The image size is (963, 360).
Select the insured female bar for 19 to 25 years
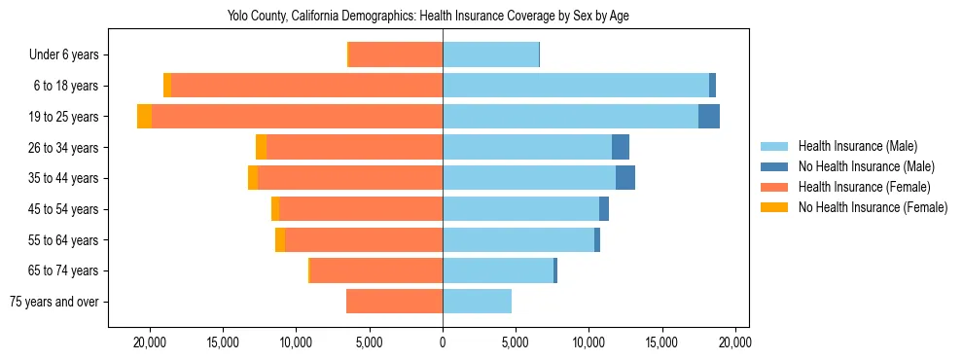pos(297,117)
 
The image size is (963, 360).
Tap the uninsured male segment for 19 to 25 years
pos(709,117)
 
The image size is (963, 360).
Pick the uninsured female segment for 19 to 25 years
pos(144,117)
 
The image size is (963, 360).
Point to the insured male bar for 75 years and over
pos(477,302)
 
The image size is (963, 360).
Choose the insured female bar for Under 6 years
pos(395,55)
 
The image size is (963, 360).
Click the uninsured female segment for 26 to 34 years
pos(261,147)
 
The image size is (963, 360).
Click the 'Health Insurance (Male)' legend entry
pos(857,146)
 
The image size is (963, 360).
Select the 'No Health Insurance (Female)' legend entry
pos(872,207)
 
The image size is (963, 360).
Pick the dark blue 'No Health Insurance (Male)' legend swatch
pos(774,166)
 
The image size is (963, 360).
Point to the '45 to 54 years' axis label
pos(64,209)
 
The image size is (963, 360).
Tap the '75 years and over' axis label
pos(54,302)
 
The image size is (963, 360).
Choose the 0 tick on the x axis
pos(443,342)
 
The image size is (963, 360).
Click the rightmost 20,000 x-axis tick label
pos(734,342)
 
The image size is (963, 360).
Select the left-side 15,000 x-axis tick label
pos(223,342)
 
